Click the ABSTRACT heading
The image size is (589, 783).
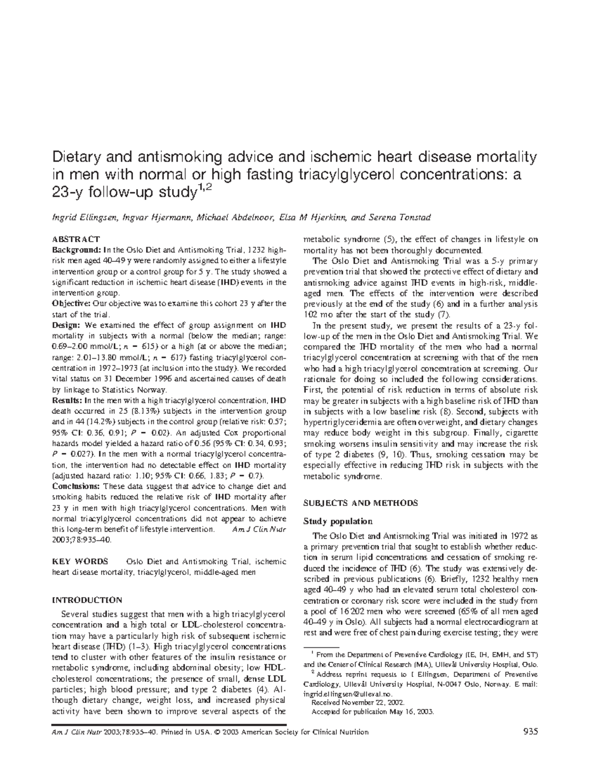point(76,239)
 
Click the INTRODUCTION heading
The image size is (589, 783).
point(87,600)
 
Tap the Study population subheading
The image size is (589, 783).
point(338,521)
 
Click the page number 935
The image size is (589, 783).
point(531,732)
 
